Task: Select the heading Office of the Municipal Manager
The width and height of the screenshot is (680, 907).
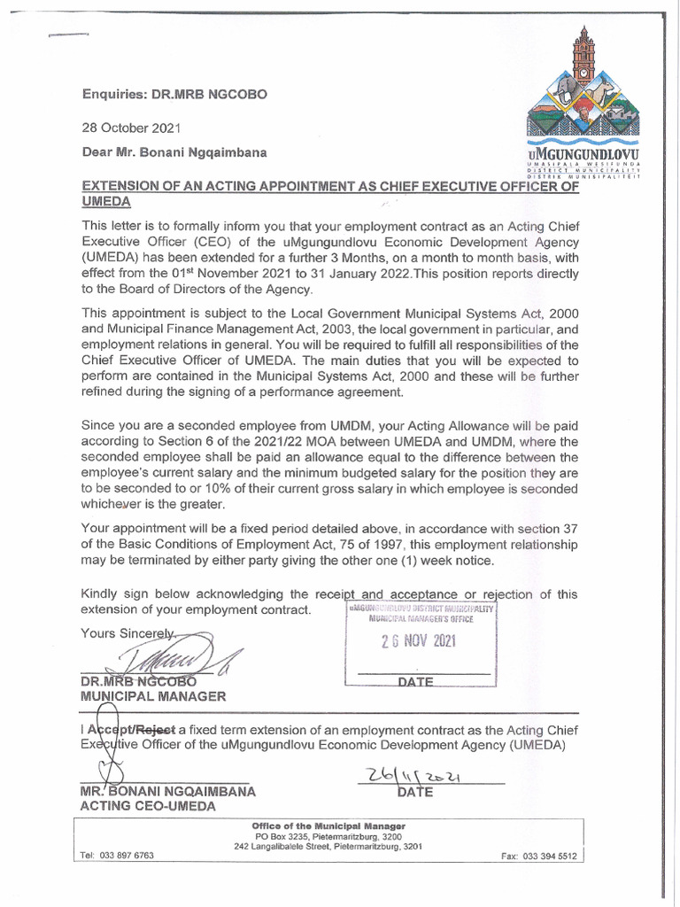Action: (328, 826)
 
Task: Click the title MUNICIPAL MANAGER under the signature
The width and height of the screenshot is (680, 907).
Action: (153, 696)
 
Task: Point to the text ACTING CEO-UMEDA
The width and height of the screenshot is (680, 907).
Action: (148, 806)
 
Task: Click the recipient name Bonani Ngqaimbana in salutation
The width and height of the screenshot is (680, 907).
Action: (209, 152)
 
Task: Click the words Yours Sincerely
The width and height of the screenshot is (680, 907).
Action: (129, 633)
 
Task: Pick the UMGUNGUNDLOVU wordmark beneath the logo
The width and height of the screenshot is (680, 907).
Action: (582, 156)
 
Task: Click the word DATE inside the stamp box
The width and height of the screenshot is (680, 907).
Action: (416, 682)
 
